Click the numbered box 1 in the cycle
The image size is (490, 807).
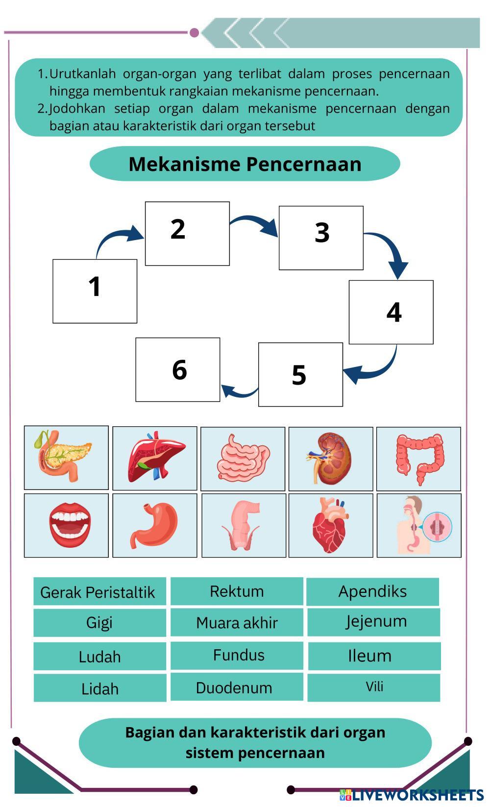(95, 291)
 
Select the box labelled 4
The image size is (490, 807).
(391, 312)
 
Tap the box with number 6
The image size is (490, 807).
(178, 369)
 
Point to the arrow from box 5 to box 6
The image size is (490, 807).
(239, 391)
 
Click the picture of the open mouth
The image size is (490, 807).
(66, 525)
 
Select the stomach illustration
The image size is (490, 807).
(155, 525)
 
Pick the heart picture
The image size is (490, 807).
(331, 525)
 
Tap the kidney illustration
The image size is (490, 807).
(331, 459)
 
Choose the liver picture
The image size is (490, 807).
(155, 458)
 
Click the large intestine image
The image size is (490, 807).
(418, 459)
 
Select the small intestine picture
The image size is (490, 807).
(243, 459)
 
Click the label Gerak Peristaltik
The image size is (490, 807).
(99, 592)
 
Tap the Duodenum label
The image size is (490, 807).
(237, 687)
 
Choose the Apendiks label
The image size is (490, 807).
(372, 591)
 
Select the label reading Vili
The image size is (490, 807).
(374, 687)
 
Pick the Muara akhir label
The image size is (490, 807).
(237, 623)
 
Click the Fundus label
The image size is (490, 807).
(237, 655)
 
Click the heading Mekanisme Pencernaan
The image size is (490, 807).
(245, 164)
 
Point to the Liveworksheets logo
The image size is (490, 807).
(411, 795)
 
